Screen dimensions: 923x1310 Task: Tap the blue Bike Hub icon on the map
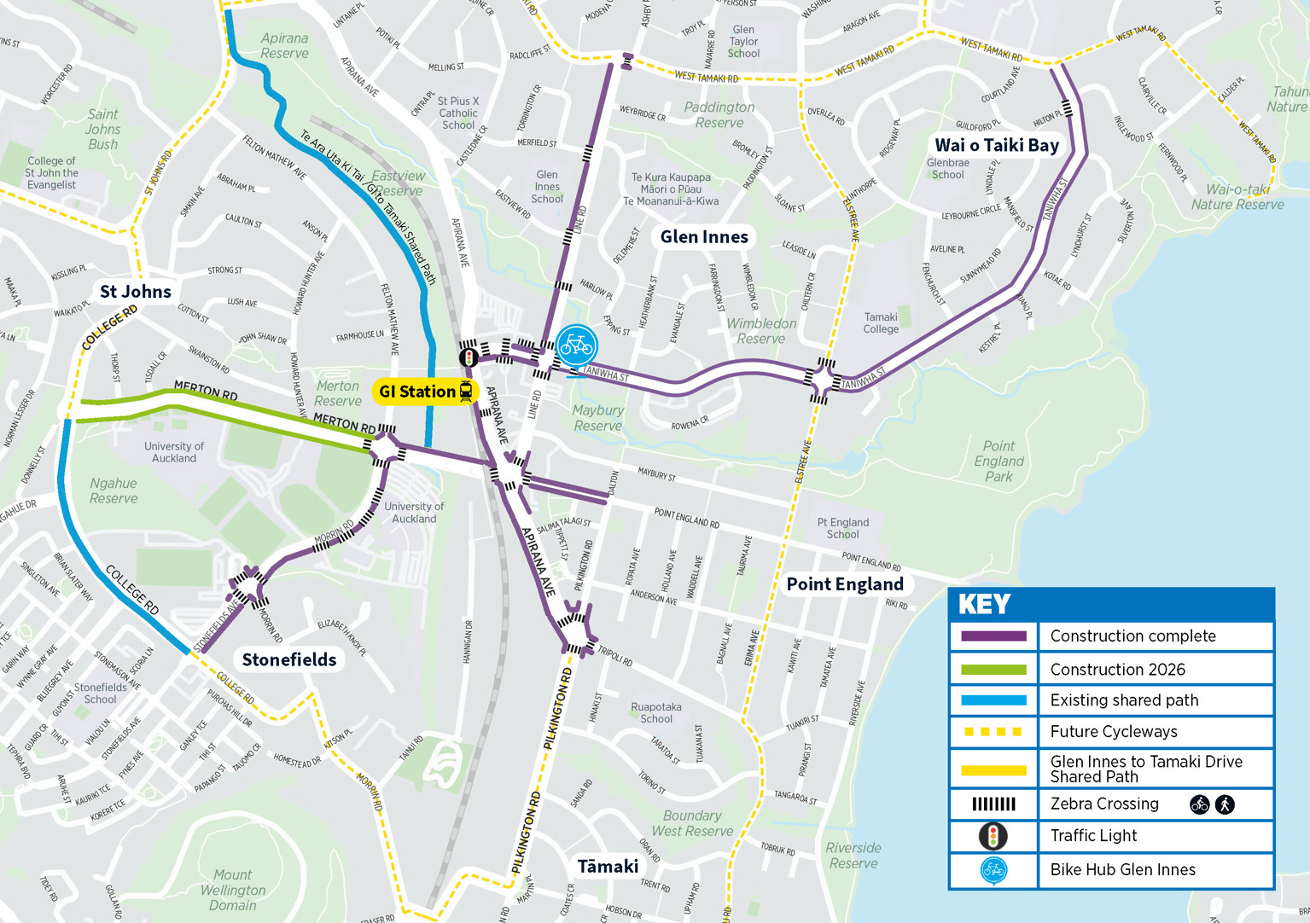pyautogui.click(x=576, y=345)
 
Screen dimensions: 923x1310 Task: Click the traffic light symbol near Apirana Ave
pyautogui.click(x=468, y=357)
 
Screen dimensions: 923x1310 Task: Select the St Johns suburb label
pyautogui.click(x=135, y=292)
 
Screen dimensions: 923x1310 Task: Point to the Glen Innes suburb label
pyautogui.click(x=704, y=237)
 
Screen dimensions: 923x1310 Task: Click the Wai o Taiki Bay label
pyautogui.click(x=996, y=145)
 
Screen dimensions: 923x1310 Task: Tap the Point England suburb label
pyautogui.click(x=844, y=584)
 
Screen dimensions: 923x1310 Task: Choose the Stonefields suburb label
pyautogui.click(x=288, y=659)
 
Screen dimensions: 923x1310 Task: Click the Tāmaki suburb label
pyautogui.click(x=608, y=867)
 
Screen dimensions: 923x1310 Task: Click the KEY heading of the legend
pyautogui.click(x=984, y=604)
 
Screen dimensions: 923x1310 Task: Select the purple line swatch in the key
pyautogui.click(x=993, y=636)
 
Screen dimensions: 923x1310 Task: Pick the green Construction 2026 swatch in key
pyautogui.click(x=993, y=670)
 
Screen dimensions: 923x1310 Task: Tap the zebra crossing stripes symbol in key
pyautogui.click(x=993, y=804)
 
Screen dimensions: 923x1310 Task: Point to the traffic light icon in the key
pyautogui.click(x=993, y=836)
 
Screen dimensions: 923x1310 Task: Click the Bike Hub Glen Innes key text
pyautogui.click(x=1122, y=869)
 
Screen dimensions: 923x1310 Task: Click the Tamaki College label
pyautogui.click(x=881, y=322)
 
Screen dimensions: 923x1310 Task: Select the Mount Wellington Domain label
pyautogui.click(x=233, y=890)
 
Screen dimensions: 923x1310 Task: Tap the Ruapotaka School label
pyautogui.click(x=655, y=712)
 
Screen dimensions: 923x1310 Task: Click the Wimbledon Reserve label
pyautogui.click(x=761, y=331)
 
